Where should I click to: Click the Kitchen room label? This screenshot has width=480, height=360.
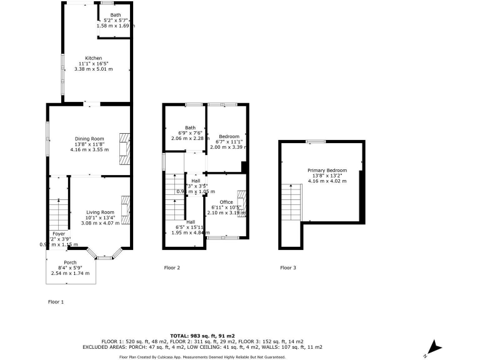click(x=93, y=58)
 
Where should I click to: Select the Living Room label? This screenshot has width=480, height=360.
click(x=100, y=212)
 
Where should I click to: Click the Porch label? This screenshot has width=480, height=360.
click(x=71, y=262)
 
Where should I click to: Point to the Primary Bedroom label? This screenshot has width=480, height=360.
click(x=326, y=170)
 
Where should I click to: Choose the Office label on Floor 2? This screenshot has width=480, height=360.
click(x=226, y=202)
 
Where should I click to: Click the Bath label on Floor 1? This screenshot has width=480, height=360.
click(x=116, y=14)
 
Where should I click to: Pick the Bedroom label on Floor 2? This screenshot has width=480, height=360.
click(x=229, y=136)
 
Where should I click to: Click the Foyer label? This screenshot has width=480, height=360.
click(x=58, y=234)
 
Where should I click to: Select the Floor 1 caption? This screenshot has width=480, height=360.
click(x=56, y=302)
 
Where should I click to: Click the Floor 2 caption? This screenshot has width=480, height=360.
click(x=172, y=268)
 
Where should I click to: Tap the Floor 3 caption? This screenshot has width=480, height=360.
click(x=288, y=268)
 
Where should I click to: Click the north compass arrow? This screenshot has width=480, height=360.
click(x=432, y=347)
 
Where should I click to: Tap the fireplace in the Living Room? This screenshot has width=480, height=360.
click(x=125, y=210)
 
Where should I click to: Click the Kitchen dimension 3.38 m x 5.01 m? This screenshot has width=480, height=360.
click(x=93, y=68)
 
